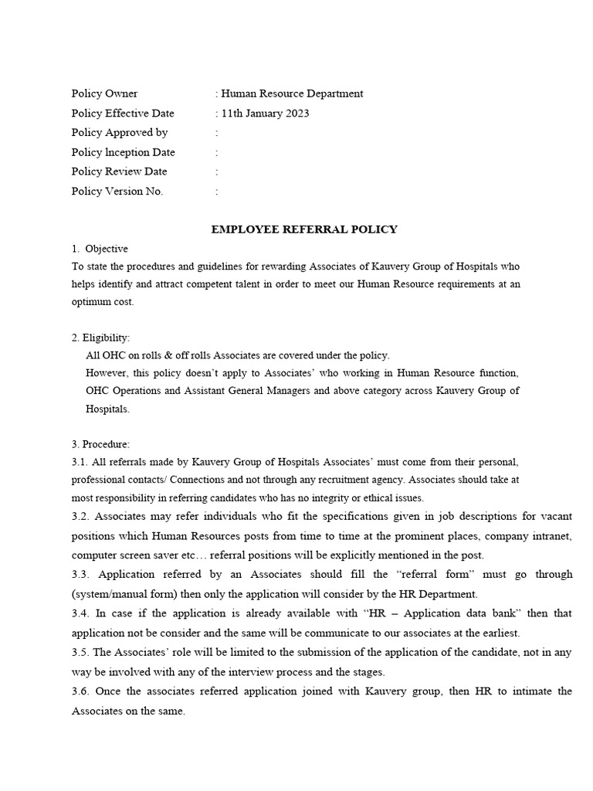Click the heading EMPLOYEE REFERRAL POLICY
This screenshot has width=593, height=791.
pos(305,229)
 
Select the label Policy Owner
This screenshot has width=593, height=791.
pos(104,94)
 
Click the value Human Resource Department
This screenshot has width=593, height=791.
pos(292,94)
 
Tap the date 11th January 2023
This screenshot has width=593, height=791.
pos(265,114)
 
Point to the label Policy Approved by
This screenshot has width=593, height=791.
pos(120,133)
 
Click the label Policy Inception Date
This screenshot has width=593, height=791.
pos(124,152)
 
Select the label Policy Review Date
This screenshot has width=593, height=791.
pos(119,171)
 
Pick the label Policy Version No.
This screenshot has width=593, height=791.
pos(117,192)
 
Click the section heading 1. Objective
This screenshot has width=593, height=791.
pos(100,249)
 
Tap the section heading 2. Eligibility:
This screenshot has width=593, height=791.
pos(101,338)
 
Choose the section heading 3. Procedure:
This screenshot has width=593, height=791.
pos(101,444)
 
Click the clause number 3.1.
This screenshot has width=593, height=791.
pos(79,462)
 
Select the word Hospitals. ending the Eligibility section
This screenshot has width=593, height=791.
pos(108,409)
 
